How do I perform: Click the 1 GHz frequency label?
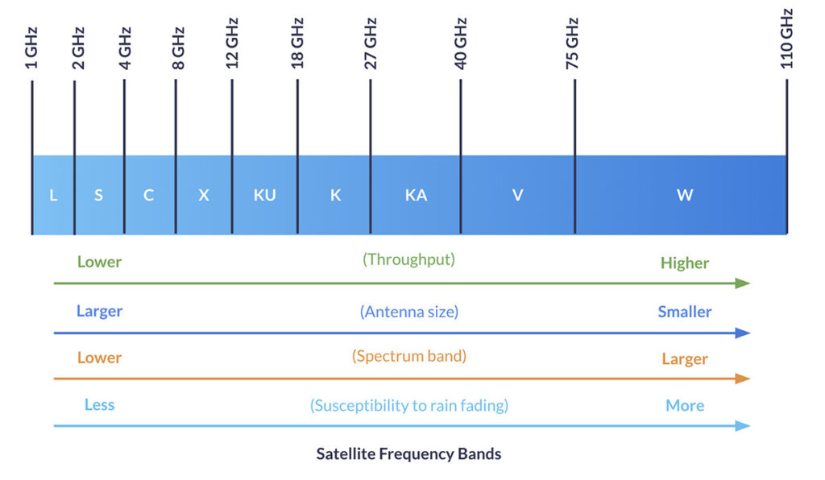[x=32, y=47]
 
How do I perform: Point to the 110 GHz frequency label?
[x=787, y=38]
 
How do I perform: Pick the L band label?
[x=53, y=196]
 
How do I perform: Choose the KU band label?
[x=264, y=196]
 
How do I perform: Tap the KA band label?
[x=416, y=196]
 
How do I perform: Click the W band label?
[x=685, y=196]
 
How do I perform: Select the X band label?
[x=204, y=196]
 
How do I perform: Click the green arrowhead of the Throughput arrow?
[x=743, y=283]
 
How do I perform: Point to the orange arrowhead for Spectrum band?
[x=743, y=379]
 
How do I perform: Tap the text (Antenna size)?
[x=409, y=312]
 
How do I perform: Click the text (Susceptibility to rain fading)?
[x=409, y=405]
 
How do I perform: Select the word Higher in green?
[x=685, y=263]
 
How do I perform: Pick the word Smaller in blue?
[x=685, y=312]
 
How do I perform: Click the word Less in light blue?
[x=99, y=405]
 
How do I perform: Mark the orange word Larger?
[x=685, y=359]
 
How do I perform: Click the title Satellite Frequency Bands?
[x=408, y=454]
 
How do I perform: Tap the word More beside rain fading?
[x=685, y=406]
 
